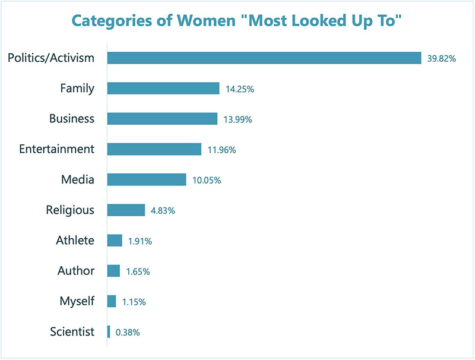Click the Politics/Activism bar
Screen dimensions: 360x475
[x=264, y=58]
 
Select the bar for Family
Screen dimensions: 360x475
[x=163, y=89]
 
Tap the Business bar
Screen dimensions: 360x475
[x=162, y=119]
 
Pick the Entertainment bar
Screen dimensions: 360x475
[x=154, y=149]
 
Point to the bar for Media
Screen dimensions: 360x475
[x=147, y=179]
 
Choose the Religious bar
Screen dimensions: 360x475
[x=126, y=210]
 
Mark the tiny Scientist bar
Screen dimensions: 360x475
[x=109, y=331]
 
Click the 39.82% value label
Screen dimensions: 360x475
[x=442, y=58]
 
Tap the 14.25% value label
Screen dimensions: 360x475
[x=239, y=89]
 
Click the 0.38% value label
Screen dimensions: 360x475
[x=128, y=333]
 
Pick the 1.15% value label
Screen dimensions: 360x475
[x=134, y=302]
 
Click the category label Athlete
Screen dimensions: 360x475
[x=75, y=240]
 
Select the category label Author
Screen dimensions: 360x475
[x=76, y=271]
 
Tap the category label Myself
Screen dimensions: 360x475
[x=77, y=301]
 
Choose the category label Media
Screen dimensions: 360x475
[x=78, y=179]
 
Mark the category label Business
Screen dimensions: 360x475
[x=71, y=119]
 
